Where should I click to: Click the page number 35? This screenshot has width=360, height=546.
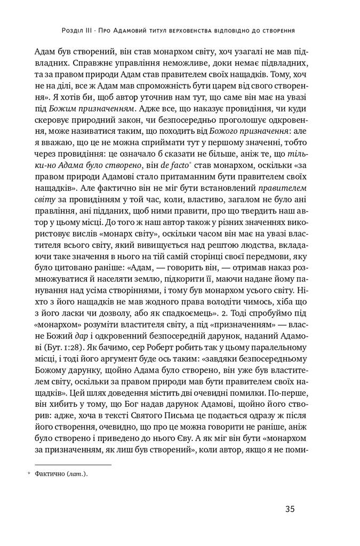(290, 509)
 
